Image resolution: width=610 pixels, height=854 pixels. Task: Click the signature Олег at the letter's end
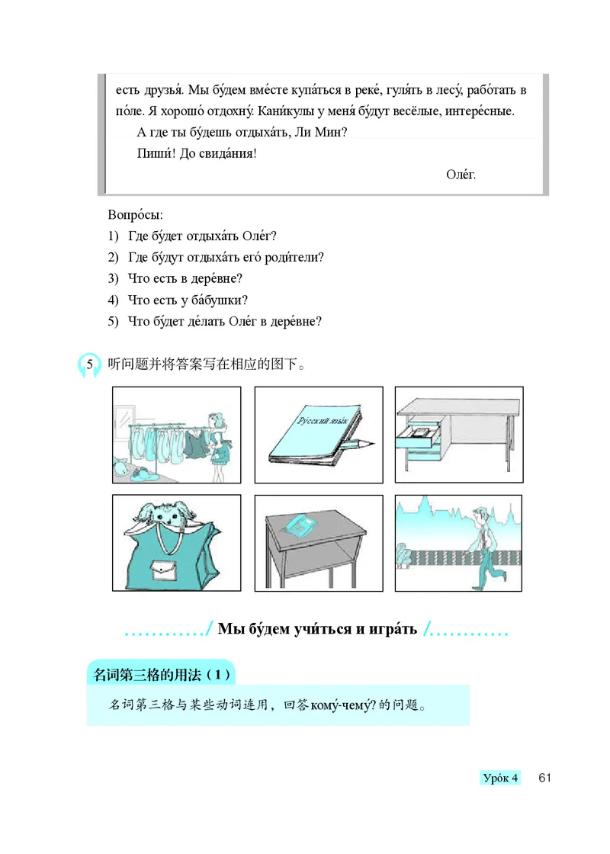[x=461, y=175]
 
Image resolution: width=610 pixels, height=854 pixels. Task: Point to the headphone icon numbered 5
[x=90, y=365]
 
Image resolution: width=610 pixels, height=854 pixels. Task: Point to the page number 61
[x=544, y=779]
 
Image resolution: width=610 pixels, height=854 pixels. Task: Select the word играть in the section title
[x=390, y=629]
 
